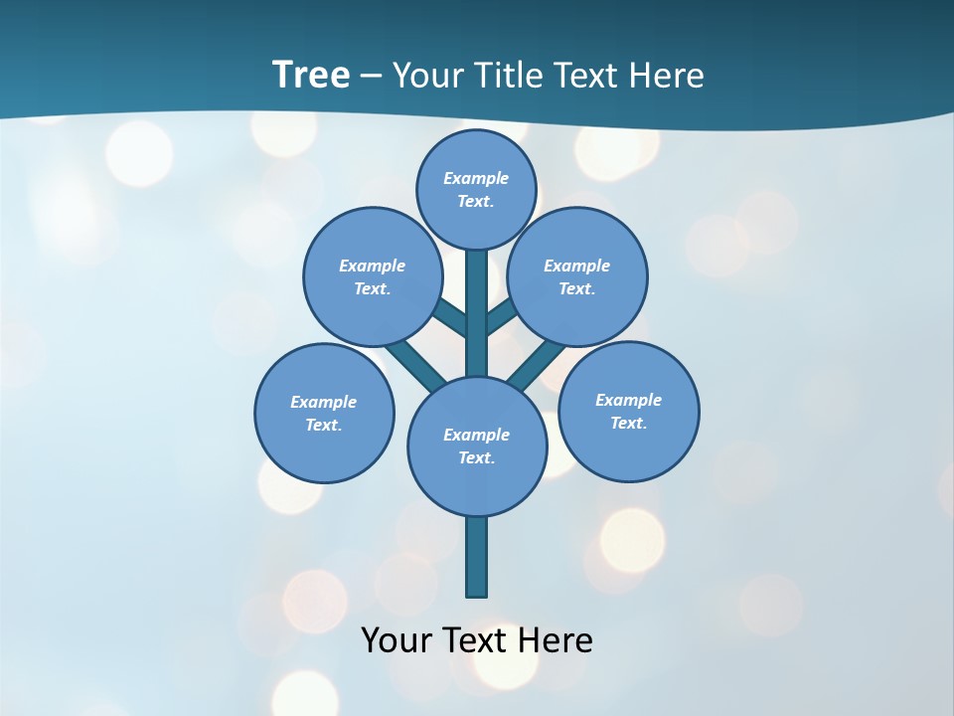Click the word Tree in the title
311,76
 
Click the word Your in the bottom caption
397,639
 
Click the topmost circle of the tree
476,189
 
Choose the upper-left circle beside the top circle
373,276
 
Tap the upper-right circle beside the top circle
577,276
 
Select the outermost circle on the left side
324,413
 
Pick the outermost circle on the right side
628,411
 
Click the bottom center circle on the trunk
477,446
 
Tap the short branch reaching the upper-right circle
502,316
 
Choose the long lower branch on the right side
537,366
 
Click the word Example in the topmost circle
476,178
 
